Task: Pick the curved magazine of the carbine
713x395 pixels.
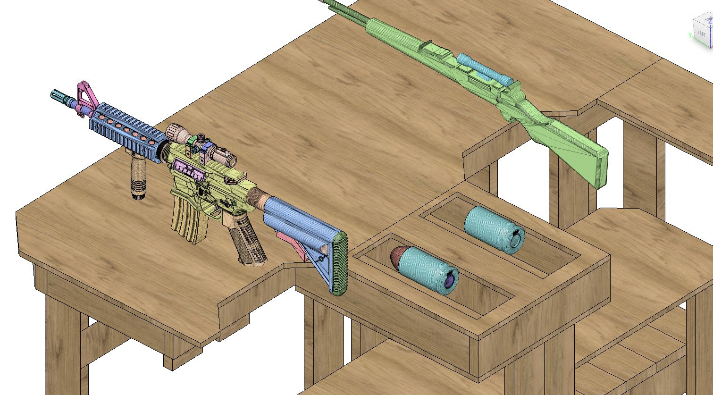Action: coord(186,219)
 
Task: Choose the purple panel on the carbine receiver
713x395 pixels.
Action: coord(189,170)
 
